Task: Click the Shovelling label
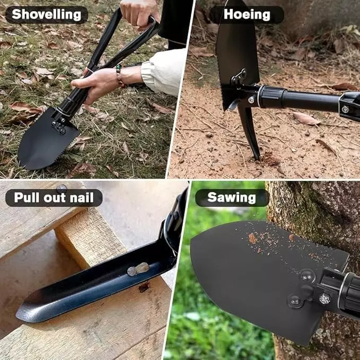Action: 46,14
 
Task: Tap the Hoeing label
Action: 247,14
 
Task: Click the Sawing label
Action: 232,198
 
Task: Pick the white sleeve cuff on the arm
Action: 159,71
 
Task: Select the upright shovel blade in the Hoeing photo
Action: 236,53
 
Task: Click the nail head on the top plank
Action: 62,188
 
